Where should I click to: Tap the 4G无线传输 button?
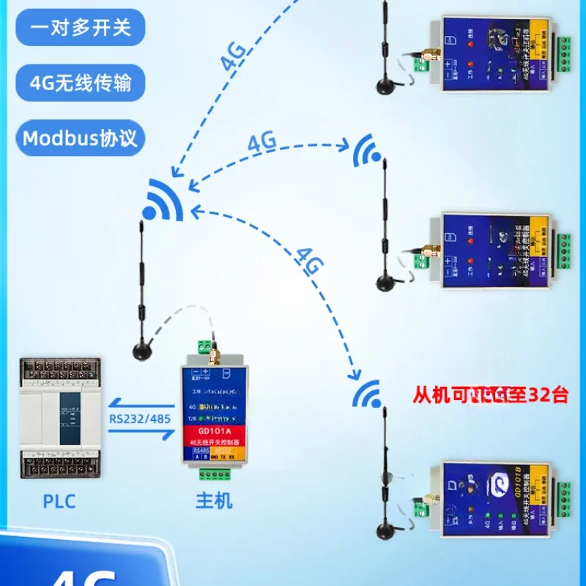pyautogui.click(x=81, y=82)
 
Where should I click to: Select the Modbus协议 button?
pyautogui.click(x=81, y=138)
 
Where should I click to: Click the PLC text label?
pyautogui.click(x=59, y=502)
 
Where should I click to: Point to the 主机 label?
pyautogui.click(x=214, y=502)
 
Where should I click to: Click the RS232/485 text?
pyautogui.click(x=138, y=420)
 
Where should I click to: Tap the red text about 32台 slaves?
pyautogui.click(x=490, y=396)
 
